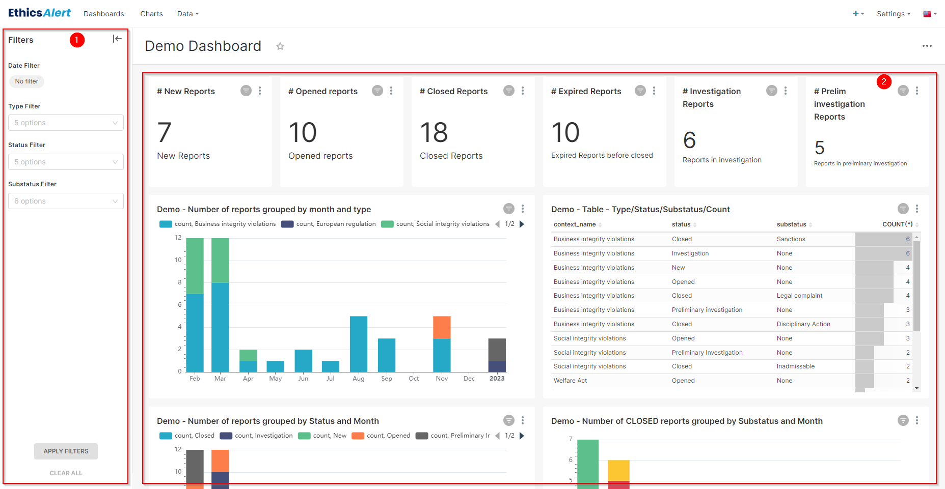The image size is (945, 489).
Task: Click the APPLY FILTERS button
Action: click(66, 451)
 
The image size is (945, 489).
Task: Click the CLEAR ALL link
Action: click(66, 473)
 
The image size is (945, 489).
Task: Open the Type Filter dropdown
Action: click(66, 123)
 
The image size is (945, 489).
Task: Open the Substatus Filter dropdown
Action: click(66, 201)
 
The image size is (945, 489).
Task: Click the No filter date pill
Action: click(26, 81)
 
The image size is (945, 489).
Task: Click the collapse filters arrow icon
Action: click(117, 39)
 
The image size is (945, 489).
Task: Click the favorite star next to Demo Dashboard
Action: click(280, 46)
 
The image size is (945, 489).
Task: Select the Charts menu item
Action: click(151, 14)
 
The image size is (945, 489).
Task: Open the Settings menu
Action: click(893, 14)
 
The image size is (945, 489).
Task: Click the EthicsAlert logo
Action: click(39, 13)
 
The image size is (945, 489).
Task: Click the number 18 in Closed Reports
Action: click(434, 133)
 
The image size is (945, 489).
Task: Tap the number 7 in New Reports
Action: click(164, 133)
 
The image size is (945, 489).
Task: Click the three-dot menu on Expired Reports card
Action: click(654, 91)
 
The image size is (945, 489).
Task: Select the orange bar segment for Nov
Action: click(442, 327)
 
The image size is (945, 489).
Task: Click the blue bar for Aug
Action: click(359, 344)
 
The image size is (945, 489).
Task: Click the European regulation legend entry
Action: click(329, 224)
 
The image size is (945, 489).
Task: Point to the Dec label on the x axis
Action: click(469, 379)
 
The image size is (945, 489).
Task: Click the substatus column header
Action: click(791, 224)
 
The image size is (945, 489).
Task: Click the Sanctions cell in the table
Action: click(791, 239)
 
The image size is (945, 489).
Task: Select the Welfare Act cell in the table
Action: click(570, 381)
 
